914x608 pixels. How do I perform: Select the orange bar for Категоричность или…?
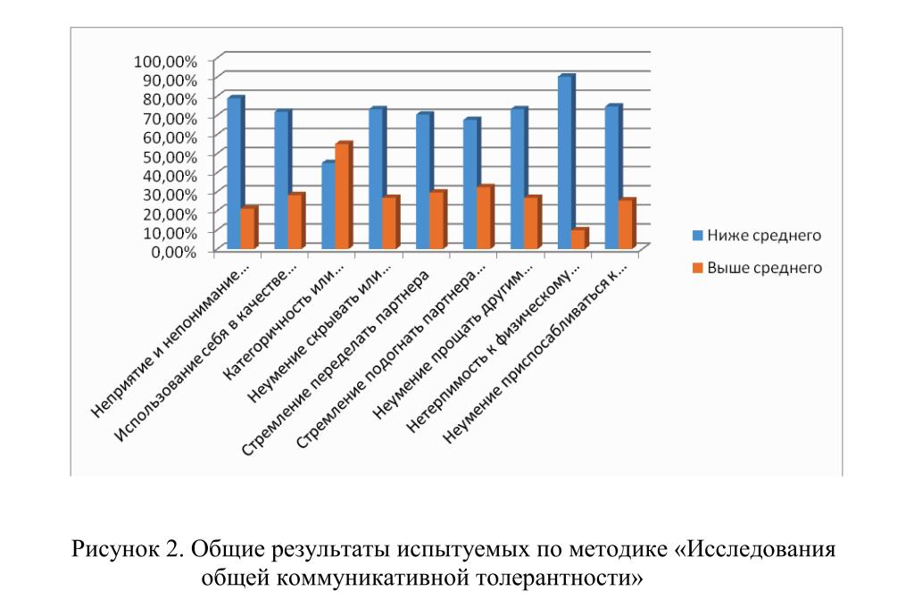[x=342, y=196]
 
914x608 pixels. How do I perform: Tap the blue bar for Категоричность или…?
[x=328, y=206]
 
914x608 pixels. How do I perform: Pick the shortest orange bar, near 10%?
[x=578, y=239]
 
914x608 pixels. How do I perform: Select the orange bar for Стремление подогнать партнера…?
[x=484, y=218]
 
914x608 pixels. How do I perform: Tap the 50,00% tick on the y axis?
[x=168, y=155]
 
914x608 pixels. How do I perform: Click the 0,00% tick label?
[x=172, y=251]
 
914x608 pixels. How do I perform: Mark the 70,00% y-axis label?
[x=168, y=118]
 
